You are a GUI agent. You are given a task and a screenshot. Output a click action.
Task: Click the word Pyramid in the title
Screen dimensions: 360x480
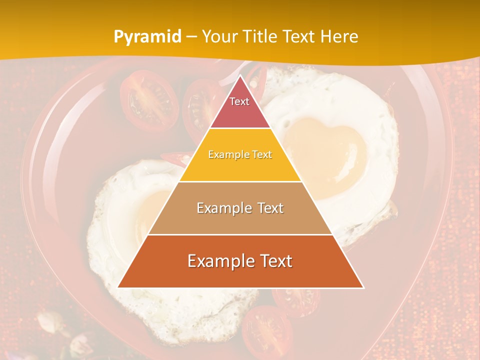click(147, 37)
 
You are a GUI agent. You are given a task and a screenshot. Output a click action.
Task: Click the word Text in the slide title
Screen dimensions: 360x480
click(299, 37)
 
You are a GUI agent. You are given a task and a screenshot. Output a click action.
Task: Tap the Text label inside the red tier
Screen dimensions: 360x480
click(239, 101)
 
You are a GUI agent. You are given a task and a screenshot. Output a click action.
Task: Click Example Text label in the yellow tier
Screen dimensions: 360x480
click(240, 154)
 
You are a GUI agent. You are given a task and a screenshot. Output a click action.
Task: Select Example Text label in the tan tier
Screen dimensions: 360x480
click(240, 208)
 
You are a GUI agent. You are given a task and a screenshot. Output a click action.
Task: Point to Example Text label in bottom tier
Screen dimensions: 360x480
click(240, 261)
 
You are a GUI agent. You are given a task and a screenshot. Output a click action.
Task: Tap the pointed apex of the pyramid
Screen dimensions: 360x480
click(240, 76)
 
